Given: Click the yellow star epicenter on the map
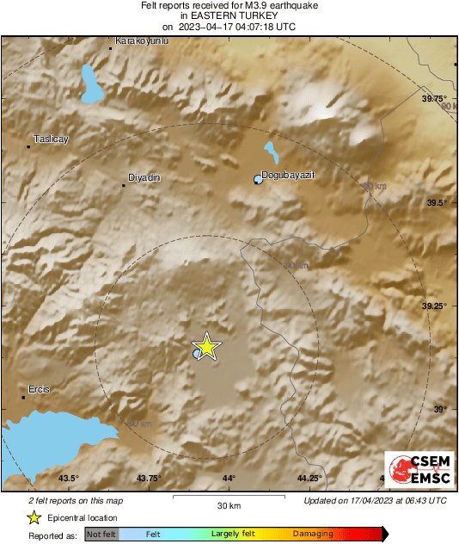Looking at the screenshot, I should coord(206,347).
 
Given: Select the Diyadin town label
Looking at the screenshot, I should coord(144,177).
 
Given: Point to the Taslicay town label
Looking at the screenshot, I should coord(50,139).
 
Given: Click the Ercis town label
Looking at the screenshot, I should coord(40,389).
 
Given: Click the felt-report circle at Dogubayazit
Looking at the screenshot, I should coord(257,179).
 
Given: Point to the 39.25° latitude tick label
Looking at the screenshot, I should coord(434,306).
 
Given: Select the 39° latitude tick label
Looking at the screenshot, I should coord(440,409).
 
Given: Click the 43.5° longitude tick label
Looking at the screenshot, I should coord(69,479).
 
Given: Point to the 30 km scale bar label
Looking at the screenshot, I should coord(228,504).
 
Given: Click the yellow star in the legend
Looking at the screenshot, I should coord(34,517).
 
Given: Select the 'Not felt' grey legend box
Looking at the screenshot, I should coord(102,535).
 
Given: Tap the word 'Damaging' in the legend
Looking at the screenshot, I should coord(313,535).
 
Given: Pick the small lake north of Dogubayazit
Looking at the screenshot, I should coord(272,154).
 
